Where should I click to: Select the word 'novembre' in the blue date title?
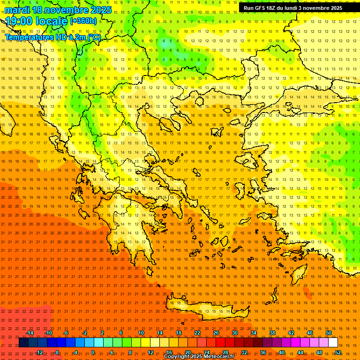click(65, 10)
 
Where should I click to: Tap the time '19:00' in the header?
click(22, 21)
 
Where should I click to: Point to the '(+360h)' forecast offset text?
click(83, 21)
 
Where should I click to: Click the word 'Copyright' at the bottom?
click(177, 357)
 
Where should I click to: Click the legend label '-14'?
click(30, 333)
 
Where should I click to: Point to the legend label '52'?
click(338, 352)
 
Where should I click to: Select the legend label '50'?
click(329, 333)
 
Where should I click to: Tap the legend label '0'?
click(93, 352)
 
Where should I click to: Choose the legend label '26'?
click(216, 333)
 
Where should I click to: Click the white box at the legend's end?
click(333, 343)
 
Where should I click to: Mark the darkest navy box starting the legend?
click(23, 343)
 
